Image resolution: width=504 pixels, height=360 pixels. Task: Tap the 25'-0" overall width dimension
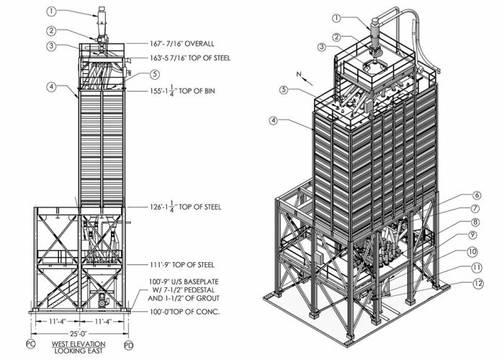(x=79, y=334)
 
